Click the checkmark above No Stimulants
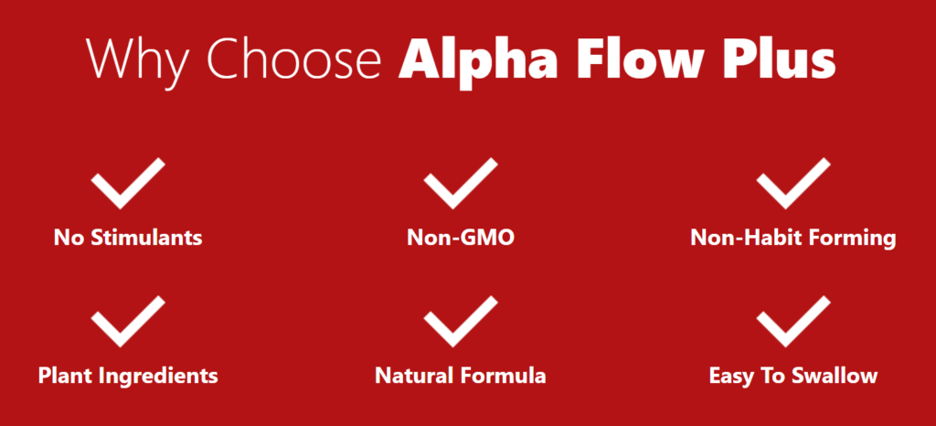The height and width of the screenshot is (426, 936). click(128, 183)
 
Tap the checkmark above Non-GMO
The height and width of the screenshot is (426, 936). click(461, 183)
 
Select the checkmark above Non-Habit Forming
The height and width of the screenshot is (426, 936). click(793, 183)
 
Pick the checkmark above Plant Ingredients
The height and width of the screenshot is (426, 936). click(128, 321)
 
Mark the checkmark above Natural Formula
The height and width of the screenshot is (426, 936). click(461, 321)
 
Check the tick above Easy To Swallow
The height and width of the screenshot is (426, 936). click(793, 321)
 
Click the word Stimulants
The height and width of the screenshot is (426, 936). click(146, 238)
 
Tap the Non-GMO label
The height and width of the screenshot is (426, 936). click(461, 238)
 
